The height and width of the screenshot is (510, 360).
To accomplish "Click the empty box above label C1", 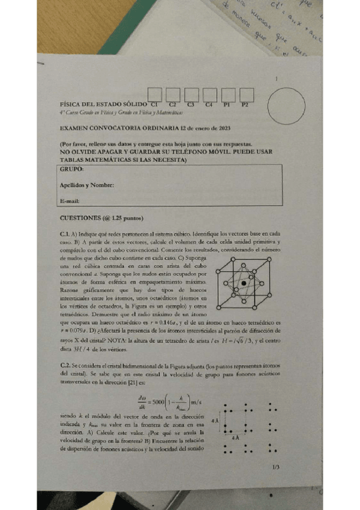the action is (155, 94).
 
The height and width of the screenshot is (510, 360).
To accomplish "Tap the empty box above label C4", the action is (210, 94).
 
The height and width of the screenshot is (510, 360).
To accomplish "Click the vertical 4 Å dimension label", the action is (215, 419).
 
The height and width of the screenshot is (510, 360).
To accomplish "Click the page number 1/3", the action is (276, 467).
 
